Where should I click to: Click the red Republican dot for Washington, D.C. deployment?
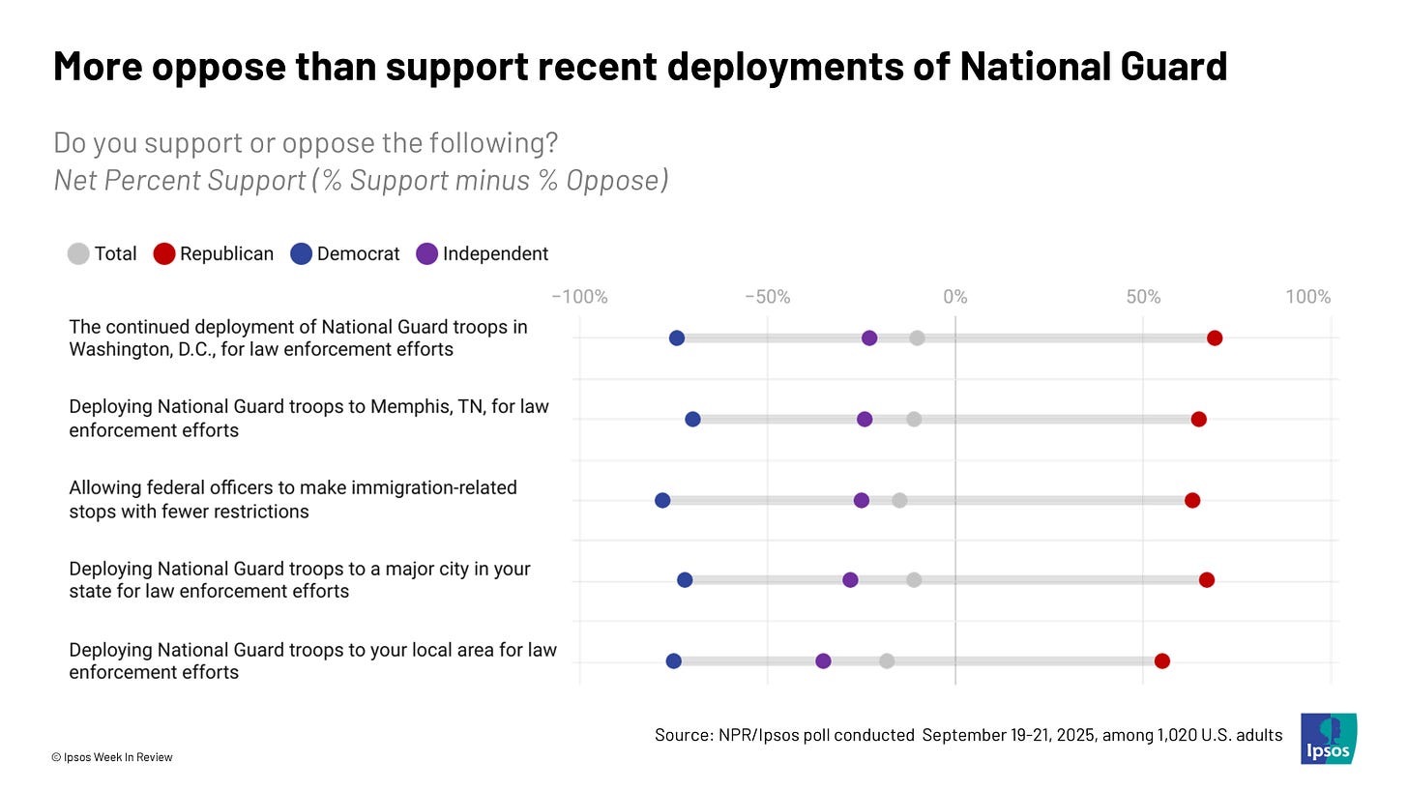click(1215, 338)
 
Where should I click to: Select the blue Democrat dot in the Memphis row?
click(692, 420)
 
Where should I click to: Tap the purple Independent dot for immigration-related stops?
click(862, 500)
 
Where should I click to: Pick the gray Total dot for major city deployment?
click(914, 579)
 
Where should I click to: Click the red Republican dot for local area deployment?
click(1162, 661)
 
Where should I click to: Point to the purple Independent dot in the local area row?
click(824, 661)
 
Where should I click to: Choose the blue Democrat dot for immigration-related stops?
click(662, 500)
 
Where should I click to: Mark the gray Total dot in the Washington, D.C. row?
click(917, 338)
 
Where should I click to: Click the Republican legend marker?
click(164, 254)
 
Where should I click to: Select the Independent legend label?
click(495, 254)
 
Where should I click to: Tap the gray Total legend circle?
click(78, 254)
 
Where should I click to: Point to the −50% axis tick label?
click(768, 297)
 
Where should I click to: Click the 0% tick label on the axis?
click(955, 297)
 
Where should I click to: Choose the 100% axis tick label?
click(1308, 297)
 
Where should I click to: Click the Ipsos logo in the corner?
click(1329, 739)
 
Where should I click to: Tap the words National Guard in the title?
click(1093, 66)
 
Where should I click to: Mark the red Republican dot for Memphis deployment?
click(1199, 420)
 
